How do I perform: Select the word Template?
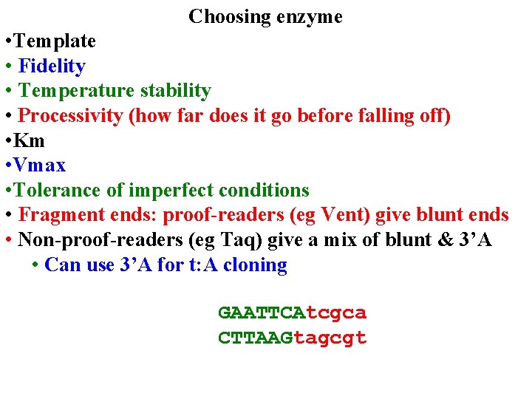coord(57,41)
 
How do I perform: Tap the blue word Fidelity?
coord(52,66)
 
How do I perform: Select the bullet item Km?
coord(30,140)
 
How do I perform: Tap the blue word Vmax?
coord(41,166)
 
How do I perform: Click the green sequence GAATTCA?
coord(262,313)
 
